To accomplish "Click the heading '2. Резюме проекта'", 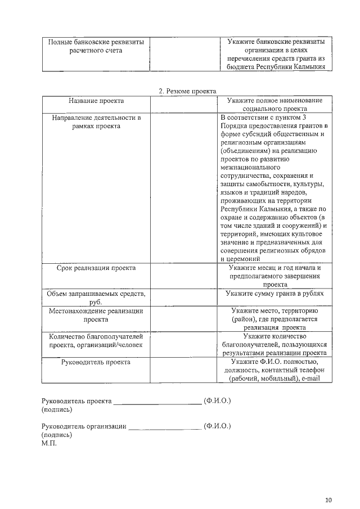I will [x=187, y=91].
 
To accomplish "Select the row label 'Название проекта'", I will [x=96, y=101].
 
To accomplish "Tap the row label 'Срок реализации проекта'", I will [x=96, y=268].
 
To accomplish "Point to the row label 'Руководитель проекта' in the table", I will [x=96, y=362].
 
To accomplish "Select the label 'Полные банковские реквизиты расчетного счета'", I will [x=96, y=46].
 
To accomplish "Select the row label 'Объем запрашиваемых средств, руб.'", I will [x=96, y=298].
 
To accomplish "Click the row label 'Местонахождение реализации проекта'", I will [x=96, y=314].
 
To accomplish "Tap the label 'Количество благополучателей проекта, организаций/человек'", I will [x=96, y=340].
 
